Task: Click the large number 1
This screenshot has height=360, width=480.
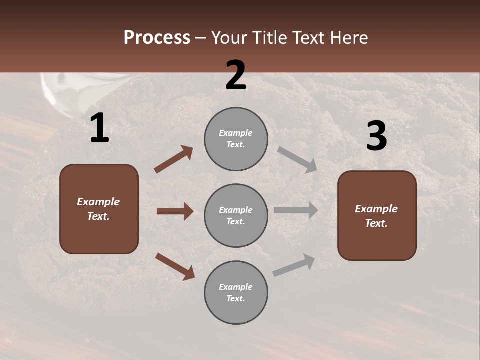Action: pos(99,128)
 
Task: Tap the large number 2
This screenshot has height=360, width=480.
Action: pos(236,75)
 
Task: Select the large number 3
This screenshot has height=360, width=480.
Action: pos(376,136)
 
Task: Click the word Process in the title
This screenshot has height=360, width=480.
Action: pos(157,37)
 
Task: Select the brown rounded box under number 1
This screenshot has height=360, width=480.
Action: pos(99,209)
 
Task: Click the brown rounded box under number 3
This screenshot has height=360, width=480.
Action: pos(377,215)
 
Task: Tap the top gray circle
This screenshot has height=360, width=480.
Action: pos(236,139)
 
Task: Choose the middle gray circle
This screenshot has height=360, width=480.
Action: pos(236,215)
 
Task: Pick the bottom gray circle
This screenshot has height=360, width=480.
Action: pos(236,292)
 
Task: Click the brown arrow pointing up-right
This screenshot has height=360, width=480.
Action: pos(174,159)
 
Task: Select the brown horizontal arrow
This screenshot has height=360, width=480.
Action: pos(175,211)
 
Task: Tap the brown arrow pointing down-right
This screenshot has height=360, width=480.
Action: pos(175,266)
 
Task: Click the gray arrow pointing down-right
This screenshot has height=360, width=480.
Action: pos(297,159)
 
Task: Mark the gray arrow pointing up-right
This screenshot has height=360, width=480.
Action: pos(294,265)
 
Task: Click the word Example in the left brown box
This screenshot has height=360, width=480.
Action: pos(98,202)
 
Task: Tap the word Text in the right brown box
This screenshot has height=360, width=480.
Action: pos(376,223)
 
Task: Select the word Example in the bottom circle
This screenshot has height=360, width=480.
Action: pos(235,287)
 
